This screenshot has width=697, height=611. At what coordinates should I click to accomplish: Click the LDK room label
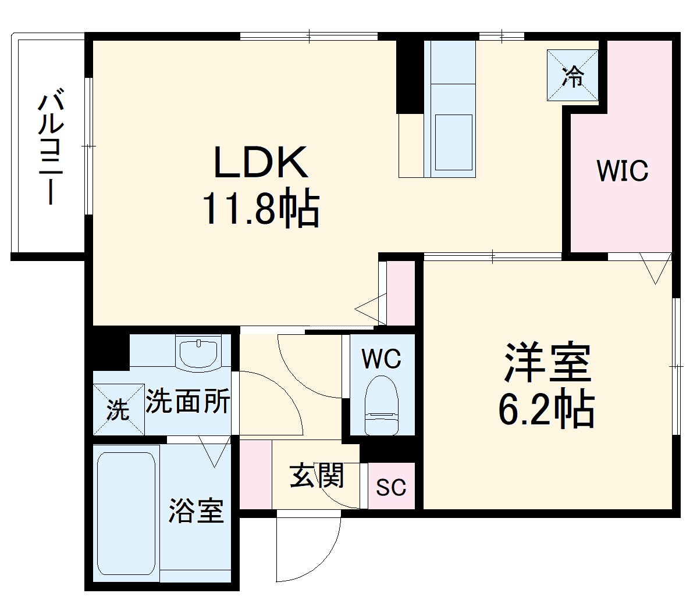(x=261, y=162)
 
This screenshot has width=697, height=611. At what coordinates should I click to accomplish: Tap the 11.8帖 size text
(x=261, y=210)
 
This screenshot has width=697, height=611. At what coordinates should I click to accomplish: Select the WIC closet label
(x=622, y=171)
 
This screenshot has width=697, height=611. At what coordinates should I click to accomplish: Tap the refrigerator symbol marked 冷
(x=572, y=75)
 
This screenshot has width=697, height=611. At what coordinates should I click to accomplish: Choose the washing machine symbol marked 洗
(x=119, y=410)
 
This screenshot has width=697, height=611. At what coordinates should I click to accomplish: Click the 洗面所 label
(x=187, y=401)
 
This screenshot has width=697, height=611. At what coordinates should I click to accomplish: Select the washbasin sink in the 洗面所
(x=199, y=353)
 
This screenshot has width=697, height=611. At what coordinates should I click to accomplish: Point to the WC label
(x=381, y=359)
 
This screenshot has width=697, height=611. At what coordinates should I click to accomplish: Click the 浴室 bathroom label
(x=196, y=510)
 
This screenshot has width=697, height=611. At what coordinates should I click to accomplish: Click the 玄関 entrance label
(x=317, y=476)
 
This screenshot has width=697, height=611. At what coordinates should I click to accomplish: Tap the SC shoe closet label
(x=390, y=487)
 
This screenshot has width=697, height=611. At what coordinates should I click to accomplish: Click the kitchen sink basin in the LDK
(x=454, y=142)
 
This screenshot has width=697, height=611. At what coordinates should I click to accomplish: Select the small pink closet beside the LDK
(x=400, y=293)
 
